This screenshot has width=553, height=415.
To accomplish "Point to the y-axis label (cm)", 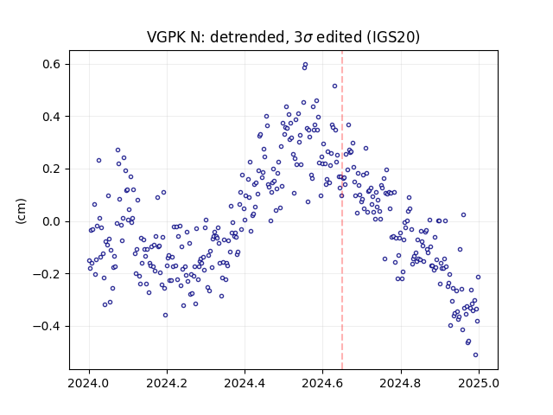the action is pos(21,211).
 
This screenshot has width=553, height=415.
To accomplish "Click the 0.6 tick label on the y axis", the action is pos(52,65).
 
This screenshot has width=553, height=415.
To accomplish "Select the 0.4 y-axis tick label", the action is pos(52,117).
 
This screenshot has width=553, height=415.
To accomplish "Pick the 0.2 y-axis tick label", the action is pos(52,169).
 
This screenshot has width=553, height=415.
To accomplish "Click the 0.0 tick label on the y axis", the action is pos(52,221).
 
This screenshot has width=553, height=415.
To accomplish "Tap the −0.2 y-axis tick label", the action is pos(47,274).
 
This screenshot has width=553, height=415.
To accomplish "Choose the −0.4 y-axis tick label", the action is pos(47,326).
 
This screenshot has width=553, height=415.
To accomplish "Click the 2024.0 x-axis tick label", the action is pos(89,383).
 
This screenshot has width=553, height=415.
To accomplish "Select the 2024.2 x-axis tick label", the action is pos(167,383).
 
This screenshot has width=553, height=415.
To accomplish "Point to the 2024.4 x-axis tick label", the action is pos(245,383).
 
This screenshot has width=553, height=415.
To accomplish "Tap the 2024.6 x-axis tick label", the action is pos(322,383).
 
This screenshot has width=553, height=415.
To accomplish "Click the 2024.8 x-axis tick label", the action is pos(400,383).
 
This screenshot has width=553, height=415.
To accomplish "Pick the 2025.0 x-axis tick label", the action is pos(478,383).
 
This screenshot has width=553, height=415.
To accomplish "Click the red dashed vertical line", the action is pos(342,210).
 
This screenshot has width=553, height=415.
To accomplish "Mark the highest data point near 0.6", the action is pos(305,65).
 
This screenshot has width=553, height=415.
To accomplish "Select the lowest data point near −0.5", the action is pos(475,355).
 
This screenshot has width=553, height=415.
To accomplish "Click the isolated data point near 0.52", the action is pos(334,86).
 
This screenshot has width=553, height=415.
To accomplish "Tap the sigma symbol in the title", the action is pos(308,38).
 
